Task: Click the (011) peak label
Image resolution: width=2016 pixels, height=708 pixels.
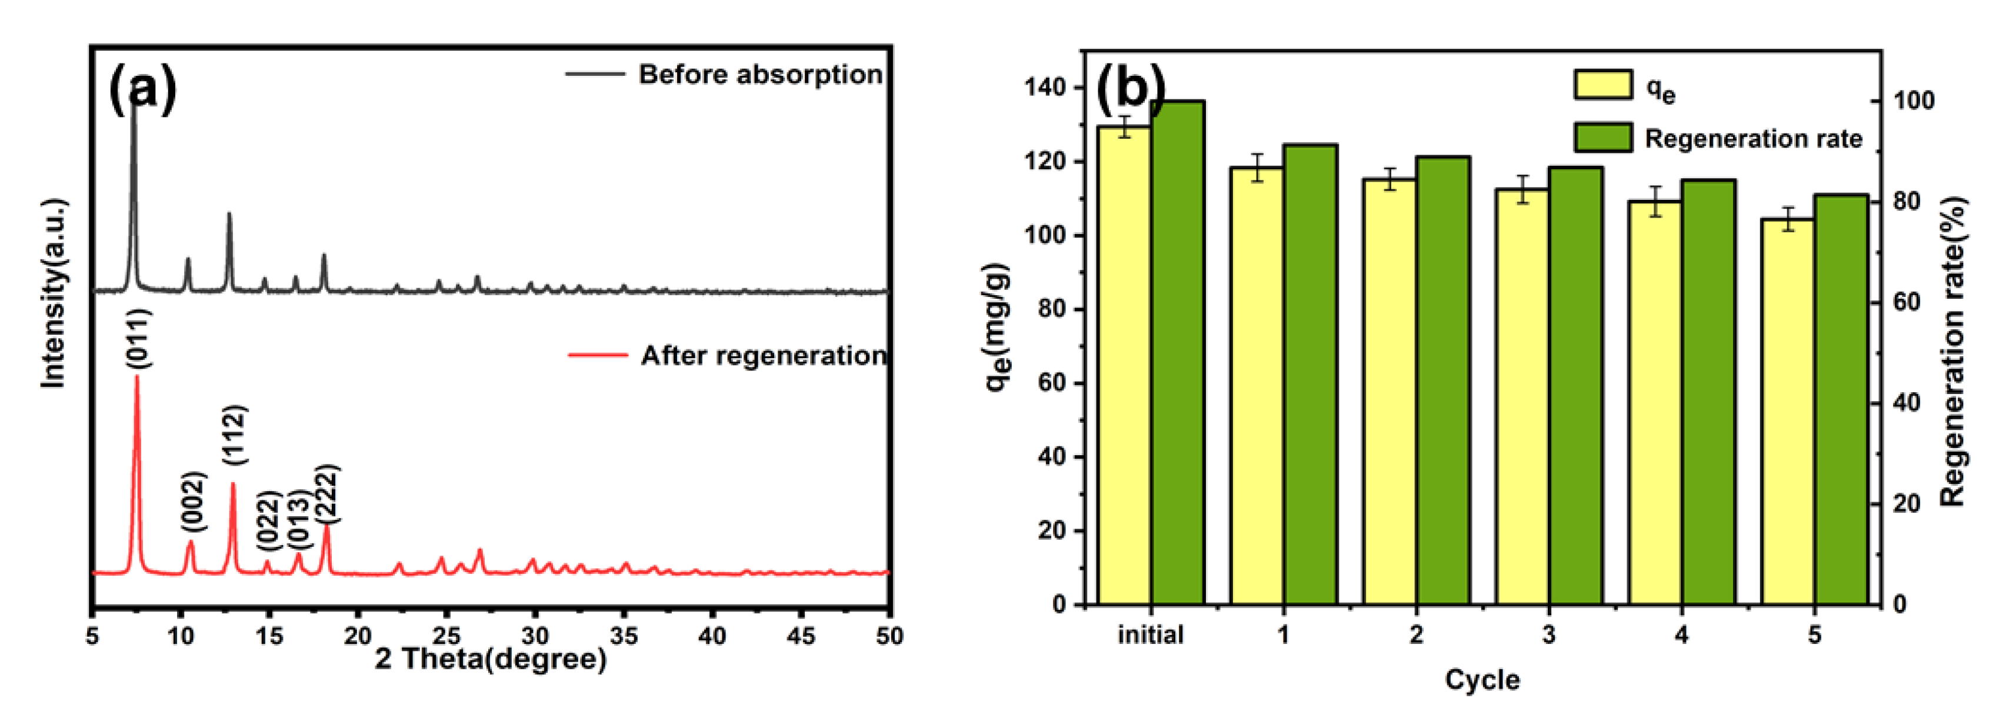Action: (x=138, y=338)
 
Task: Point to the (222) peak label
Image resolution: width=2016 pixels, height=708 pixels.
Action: (x=326, y=493)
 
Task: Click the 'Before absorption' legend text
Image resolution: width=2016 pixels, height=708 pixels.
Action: (x=760, y=74)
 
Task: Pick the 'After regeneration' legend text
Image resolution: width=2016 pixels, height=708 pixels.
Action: (x=764, y=356)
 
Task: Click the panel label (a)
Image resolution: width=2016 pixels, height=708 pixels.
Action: (x=142, y=88)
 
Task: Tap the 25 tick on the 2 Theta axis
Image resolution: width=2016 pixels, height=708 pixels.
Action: (x=446, y=635)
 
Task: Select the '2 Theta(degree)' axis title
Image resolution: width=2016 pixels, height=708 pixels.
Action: (x=491, y=659)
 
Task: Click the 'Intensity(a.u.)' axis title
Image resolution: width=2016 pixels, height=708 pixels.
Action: (x=53, y=293)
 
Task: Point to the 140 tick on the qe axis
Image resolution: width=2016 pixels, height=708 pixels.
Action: (x=1045, y=88)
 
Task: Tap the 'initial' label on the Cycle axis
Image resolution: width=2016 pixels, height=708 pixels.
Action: (x=1151, y=634)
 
